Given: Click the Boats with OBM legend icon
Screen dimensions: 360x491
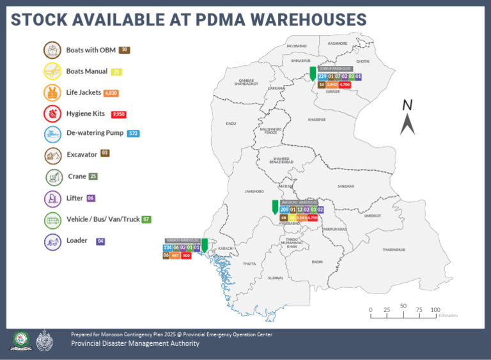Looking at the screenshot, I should (x=52, y=50).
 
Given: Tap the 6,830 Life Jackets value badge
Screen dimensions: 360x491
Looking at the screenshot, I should (x=111, y=93).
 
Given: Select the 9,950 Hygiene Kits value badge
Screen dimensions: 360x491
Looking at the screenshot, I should (x=118, y=114).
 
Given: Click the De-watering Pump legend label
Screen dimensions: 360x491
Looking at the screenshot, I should (x=94, y=134).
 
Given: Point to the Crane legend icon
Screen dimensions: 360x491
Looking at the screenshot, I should (x=52, y=176).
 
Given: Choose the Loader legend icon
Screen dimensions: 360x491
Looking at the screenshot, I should (x=52, y=241).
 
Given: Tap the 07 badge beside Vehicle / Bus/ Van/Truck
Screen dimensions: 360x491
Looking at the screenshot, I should (x=146, y=219).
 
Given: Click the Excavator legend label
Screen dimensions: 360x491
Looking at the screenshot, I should (x=81, y=154).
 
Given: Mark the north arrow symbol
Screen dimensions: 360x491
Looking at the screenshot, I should (x=407, y=118).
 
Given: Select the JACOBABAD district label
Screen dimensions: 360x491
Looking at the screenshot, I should (x=297, y=47).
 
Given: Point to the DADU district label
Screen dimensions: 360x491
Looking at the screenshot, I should (x=231, y=123).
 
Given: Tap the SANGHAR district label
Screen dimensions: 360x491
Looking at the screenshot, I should (x=345, y=186).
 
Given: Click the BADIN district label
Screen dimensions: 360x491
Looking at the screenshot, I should (x=317, y=262).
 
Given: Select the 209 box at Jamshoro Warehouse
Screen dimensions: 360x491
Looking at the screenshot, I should (x=284, y=210).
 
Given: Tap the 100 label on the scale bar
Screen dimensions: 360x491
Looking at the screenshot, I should (x=435, y=310).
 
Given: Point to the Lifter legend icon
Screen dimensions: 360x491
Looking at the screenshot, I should (x=52, y=198).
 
